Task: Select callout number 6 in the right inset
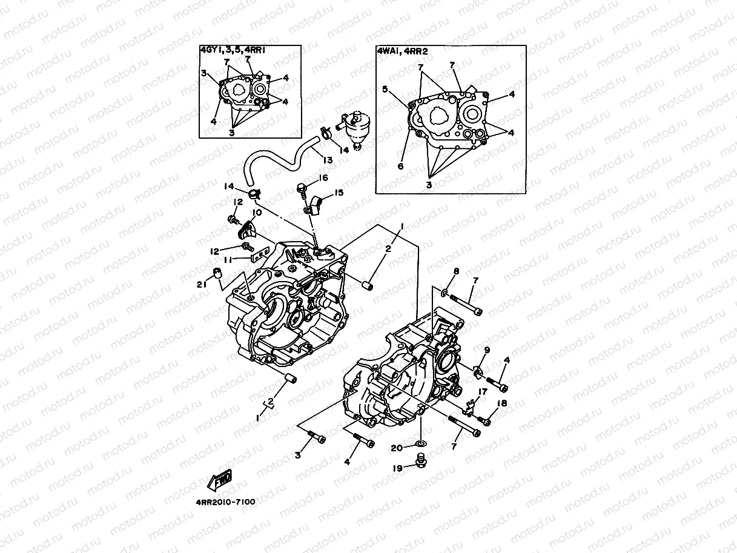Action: tap(400, 165)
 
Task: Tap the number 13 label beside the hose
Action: tap(328, 160)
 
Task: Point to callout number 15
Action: tap(338, 193)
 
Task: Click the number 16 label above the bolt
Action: tap(323, 177)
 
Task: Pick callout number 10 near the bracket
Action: tap(257, 213)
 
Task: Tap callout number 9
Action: tap(486, 349)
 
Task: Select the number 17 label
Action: tap(481, 392)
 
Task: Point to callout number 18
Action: tap(502, 403)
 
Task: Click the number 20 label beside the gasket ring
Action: tap(396, 448)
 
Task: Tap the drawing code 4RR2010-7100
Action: tap(225, 502)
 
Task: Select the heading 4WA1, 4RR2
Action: tap(402, 51)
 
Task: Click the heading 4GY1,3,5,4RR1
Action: tap(233, 51)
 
